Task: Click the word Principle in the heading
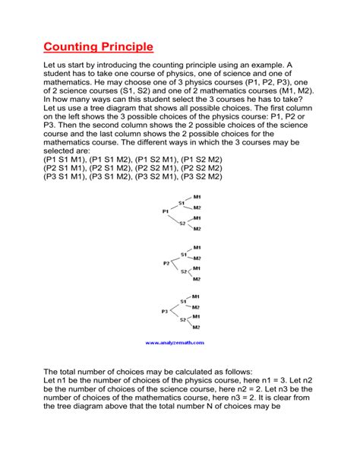point(127,47)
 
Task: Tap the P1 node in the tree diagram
point(166,211)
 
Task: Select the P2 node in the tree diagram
point(166,263)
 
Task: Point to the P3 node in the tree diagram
point(166,311)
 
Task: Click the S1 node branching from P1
point(182,202)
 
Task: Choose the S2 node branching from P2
point(182,271)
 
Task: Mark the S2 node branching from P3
point(182,320)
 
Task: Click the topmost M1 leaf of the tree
point(197,197)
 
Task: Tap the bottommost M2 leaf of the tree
point(197,326)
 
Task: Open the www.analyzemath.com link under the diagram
point(179,342)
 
